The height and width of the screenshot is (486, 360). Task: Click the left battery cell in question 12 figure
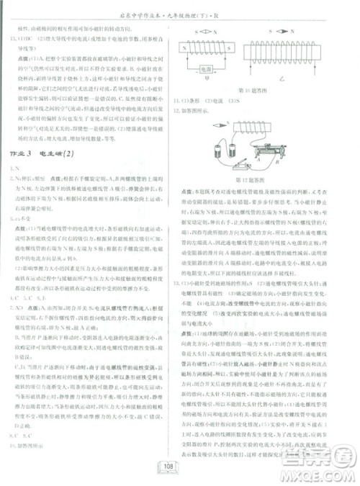[x=217, y=151]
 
